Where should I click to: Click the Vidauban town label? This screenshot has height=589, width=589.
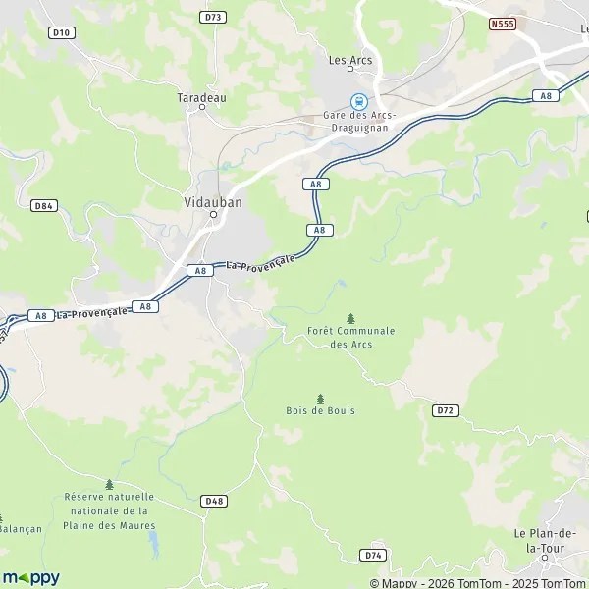coord(212,201)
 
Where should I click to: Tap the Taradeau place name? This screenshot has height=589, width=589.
coord(201,97)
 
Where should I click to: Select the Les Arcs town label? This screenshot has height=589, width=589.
coord(350,60)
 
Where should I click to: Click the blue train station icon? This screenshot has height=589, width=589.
coord(359,101)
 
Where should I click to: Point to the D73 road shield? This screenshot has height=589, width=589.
coord(212,17)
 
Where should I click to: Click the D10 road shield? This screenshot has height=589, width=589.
coord(61,32)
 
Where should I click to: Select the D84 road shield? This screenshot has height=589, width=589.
coord(42,205)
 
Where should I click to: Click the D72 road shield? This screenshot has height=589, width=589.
coord(446,409)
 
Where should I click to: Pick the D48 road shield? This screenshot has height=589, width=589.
coord(214,501)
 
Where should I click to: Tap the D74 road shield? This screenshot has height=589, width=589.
coord(372,555)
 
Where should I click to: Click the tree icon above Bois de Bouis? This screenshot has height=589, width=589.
coord(320,399)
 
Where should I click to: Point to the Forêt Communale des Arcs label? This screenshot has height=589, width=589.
coord(350,337)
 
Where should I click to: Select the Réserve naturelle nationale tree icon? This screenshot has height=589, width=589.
coord(109,484)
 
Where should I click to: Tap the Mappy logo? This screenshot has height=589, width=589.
coord(30,578)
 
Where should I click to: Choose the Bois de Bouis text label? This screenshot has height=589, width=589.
coord(320,410)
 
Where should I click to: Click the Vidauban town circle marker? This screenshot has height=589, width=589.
coord(212,214)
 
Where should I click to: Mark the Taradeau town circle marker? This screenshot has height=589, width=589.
coord(202,108)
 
